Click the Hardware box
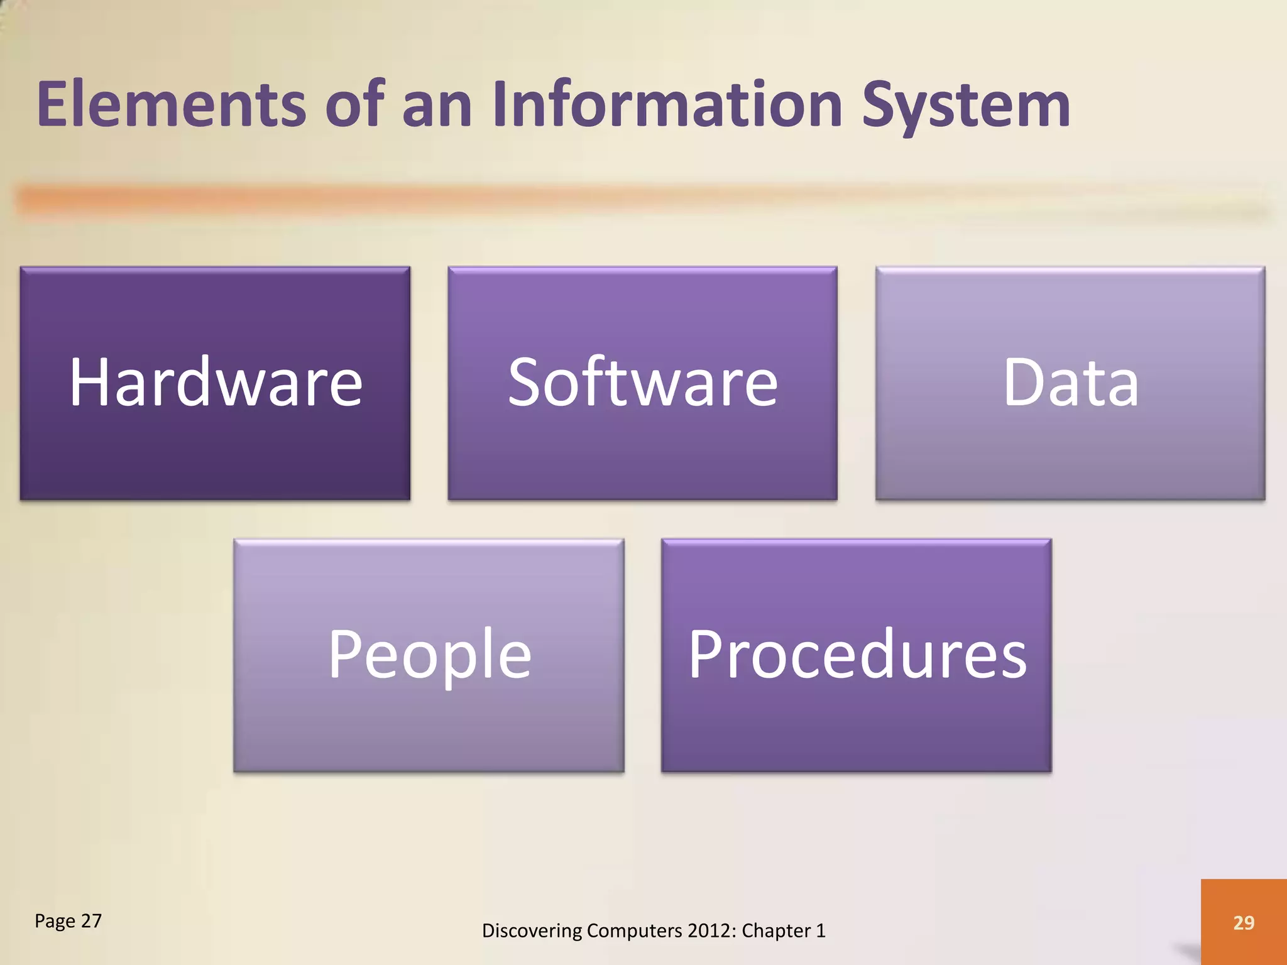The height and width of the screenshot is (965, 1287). coord(215,383)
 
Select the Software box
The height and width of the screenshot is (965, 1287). coord(642,383)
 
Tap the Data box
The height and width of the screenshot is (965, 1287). coord(1070,383)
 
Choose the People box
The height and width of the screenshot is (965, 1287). coord(429,655)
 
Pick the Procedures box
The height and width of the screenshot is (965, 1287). coord(856,655)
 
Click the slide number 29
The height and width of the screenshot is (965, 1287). coord(1244,922)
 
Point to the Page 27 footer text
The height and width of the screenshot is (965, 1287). coord(68,921)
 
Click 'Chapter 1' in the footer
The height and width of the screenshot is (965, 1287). coord(783,930)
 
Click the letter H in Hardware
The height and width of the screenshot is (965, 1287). coord(90,382)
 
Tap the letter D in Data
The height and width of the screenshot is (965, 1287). coord(1022,382)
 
